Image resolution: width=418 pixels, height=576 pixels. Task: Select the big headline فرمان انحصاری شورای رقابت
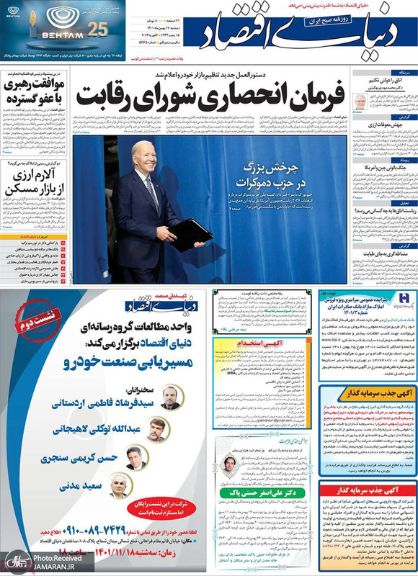[x=215, y=94]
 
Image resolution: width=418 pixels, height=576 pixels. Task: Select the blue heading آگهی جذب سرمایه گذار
[x=368, y=391]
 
